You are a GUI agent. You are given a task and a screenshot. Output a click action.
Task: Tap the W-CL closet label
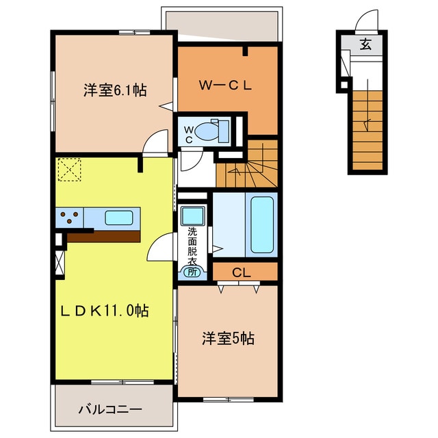226,86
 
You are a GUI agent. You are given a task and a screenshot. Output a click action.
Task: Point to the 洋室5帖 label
228,337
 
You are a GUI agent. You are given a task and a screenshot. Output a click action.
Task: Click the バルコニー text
109,409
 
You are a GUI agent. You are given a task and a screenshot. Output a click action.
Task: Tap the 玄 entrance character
365,45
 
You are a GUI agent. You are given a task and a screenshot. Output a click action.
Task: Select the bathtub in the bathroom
263,224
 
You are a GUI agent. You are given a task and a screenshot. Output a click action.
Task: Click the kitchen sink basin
118,218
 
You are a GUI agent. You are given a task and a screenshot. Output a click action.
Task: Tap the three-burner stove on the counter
70,218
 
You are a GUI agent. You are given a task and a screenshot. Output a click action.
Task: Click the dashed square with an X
69,170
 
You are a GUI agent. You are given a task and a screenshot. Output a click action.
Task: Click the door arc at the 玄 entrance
368,22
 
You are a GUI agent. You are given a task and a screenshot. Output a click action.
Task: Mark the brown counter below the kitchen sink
103,235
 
